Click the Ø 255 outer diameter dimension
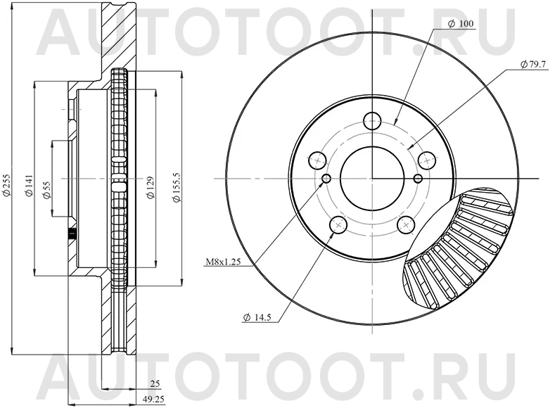pos(7,185)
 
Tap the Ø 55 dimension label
pos(46,189)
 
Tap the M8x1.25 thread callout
pos(223,262)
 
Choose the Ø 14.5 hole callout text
pos(258,318)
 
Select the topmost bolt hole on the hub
pos(373,119)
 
